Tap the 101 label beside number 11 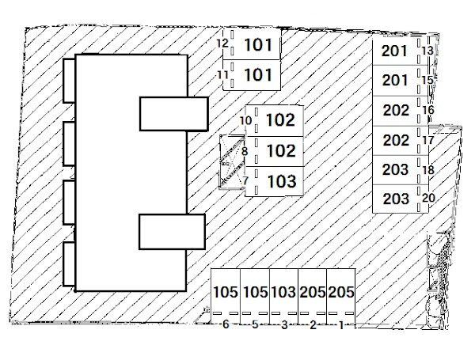(258, 75)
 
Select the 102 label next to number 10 (280, 121)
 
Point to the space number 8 (245, 150)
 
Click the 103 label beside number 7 (282, 181)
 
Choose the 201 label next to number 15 (395, 80)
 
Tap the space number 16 (428, 110)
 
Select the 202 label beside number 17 (396, 140)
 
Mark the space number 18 (428, 170)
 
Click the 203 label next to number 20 (395, 198)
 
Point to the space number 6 (226, 324)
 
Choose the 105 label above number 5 (255, 292)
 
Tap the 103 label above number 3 (283, 292)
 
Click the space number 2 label (313, 324)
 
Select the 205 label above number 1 (341, 292)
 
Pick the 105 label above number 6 (226, 292)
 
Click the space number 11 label (222, 75)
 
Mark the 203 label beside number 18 (395, 169)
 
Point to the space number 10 (245, 121)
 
